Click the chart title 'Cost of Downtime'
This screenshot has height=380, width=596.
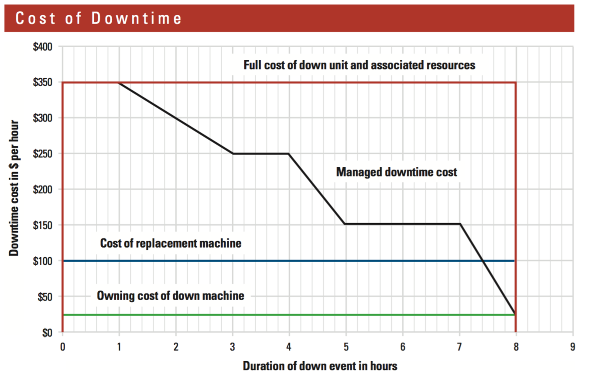pyautogui.click(x=99, y=18)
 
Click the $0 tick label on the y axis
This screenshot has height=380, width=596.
pyautogui.click(x=47, y=333)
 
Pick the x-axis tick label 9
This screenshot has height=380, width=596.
pyautogui.click(x=572, y=348)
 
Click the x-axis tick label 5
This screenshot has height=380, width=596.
pyautogui.click(x=346, y=348)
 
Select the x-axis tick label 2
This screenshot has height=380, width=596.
pyautogui.click(x=175, y=348)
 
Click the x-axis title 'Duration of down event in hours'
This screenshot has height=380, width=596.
pyautogui.click(x=320, y=366)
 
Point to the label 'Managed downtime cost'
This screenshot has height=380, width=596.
pyautogui.click(x=397, y=172)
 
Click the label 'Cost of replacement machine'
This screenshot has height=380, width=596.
pyautogui.click(x=171, y=243)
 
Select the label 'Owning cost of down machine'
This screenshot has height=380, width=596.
pyautogui.click(x=171, y=296)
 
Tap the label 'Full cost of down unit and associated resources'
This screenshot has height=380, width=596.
pyautogui.click(x=359, y=66)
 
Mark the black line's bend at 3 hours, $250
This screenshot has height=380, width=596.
pyautogui.click(x=233, y=153)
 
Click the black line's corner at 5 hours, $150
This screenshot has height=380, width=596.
pyautogui.click(x=345, y=224)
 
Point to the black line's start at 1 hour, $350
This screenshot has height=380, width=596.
pyautogui.click(x=119, y=83)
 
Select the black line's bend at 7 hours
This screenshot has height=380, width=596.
pyautogui.click(x=459, y=224)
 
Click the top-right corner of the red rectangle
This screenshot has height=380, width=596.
pyautogui.click(x=516, y=83)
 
